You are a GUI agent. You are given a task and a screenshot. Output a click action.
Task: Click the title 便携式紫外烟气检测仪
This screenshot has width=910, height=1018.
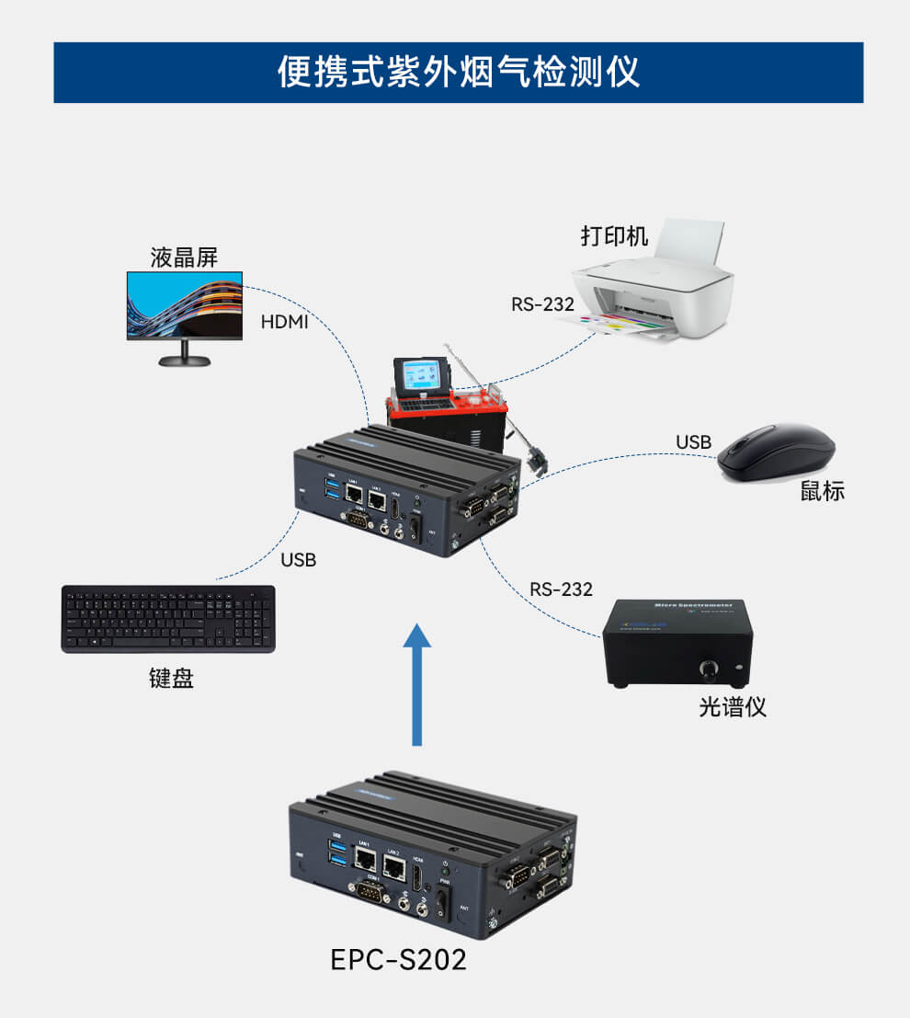click(x=458, y=72)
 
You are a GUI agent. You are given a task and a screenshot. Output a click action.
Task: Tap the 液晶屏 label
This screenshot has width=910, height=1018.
click(x=184, y=257)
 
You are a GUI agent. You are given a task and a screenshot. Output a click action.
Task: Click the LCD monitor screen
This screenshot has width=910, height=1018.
click(x=185, y=305)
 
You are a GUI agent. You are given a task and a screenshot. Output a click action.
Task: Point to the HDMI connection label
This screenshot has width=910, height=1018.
click(x=284, y=322)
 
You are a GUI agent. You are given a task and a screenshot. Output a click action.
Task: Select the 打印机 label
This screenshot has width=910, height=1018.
click(x=614, y=235)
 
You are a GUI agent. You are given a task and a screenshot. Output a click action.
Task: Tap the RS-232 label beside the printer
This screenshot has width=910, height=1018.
click(x=542, y=304)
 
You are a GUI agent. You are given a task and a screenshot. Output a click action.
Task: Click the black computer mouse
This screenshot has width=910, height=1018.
click(x=776, y=452)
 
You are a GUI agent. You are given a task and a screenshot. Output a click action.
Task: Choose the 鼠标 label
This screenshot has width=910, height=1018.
click(x=822, y=491)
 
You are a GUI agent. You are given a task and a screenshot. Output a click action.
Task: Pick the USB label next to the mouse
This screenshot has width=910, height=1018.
click(x=693, y=442)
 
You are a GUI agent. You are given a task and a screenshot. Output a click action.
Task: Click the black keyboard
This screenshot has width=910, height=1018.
click(x=168, y=619)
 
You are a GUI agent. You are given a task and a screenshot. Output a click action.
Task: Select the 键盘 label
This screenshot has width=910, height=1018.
click(x=171, y=679)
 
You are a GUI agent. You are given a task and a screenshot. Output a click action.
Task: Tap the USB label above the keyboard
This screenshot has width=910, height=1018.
click(x=298, y=559)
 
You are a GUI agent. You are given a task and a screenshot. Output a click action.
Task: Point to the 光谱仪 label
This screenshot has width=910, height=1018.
click(x=732, y=706)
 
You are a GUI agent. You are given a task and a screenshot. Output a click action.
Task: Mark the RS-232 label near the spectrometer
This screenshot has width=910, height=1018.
click(x=561, y=589)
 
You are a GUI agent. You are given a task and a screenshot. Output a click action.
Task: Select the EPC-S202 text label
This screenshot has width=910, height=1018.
click(x=398, y=959)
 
